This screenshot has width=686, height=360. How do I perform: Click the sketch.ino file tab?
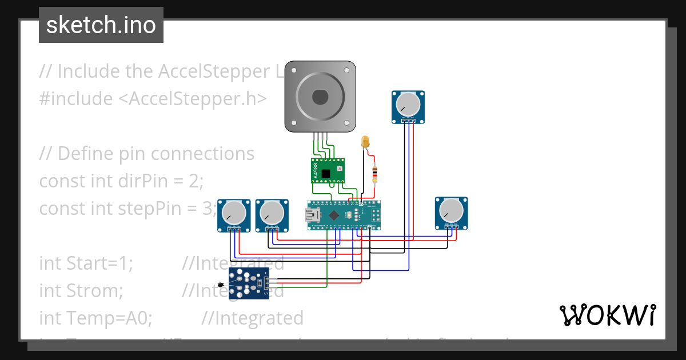tap(101, 25)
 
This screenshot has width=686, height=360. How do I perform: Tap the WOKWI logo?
tap(607, 315)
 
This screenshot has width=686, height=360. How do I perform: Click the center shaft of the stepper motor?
tap(320, 97)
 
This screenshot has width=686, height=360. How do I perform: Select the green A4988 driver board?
tap(328, 171)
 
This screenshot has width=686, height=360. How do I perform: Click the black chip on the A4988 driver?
tap(326, 173)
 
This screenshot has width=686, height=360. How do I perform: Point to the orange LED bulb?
tap(366, 141)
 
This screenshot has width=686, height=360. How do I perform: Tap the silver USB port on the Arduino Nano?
tap(313, 215)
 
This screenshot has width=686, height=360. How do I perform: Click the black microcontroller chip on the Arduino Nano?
tap(333, 215)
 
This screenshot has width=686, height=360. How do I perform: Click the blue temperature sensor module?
tap(248, 283)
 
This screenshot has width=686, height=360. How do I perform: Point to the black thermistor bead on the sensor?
tap(221, 285)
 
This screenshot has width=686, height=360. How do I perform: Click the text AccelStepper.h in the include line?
tap(192, 99)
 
